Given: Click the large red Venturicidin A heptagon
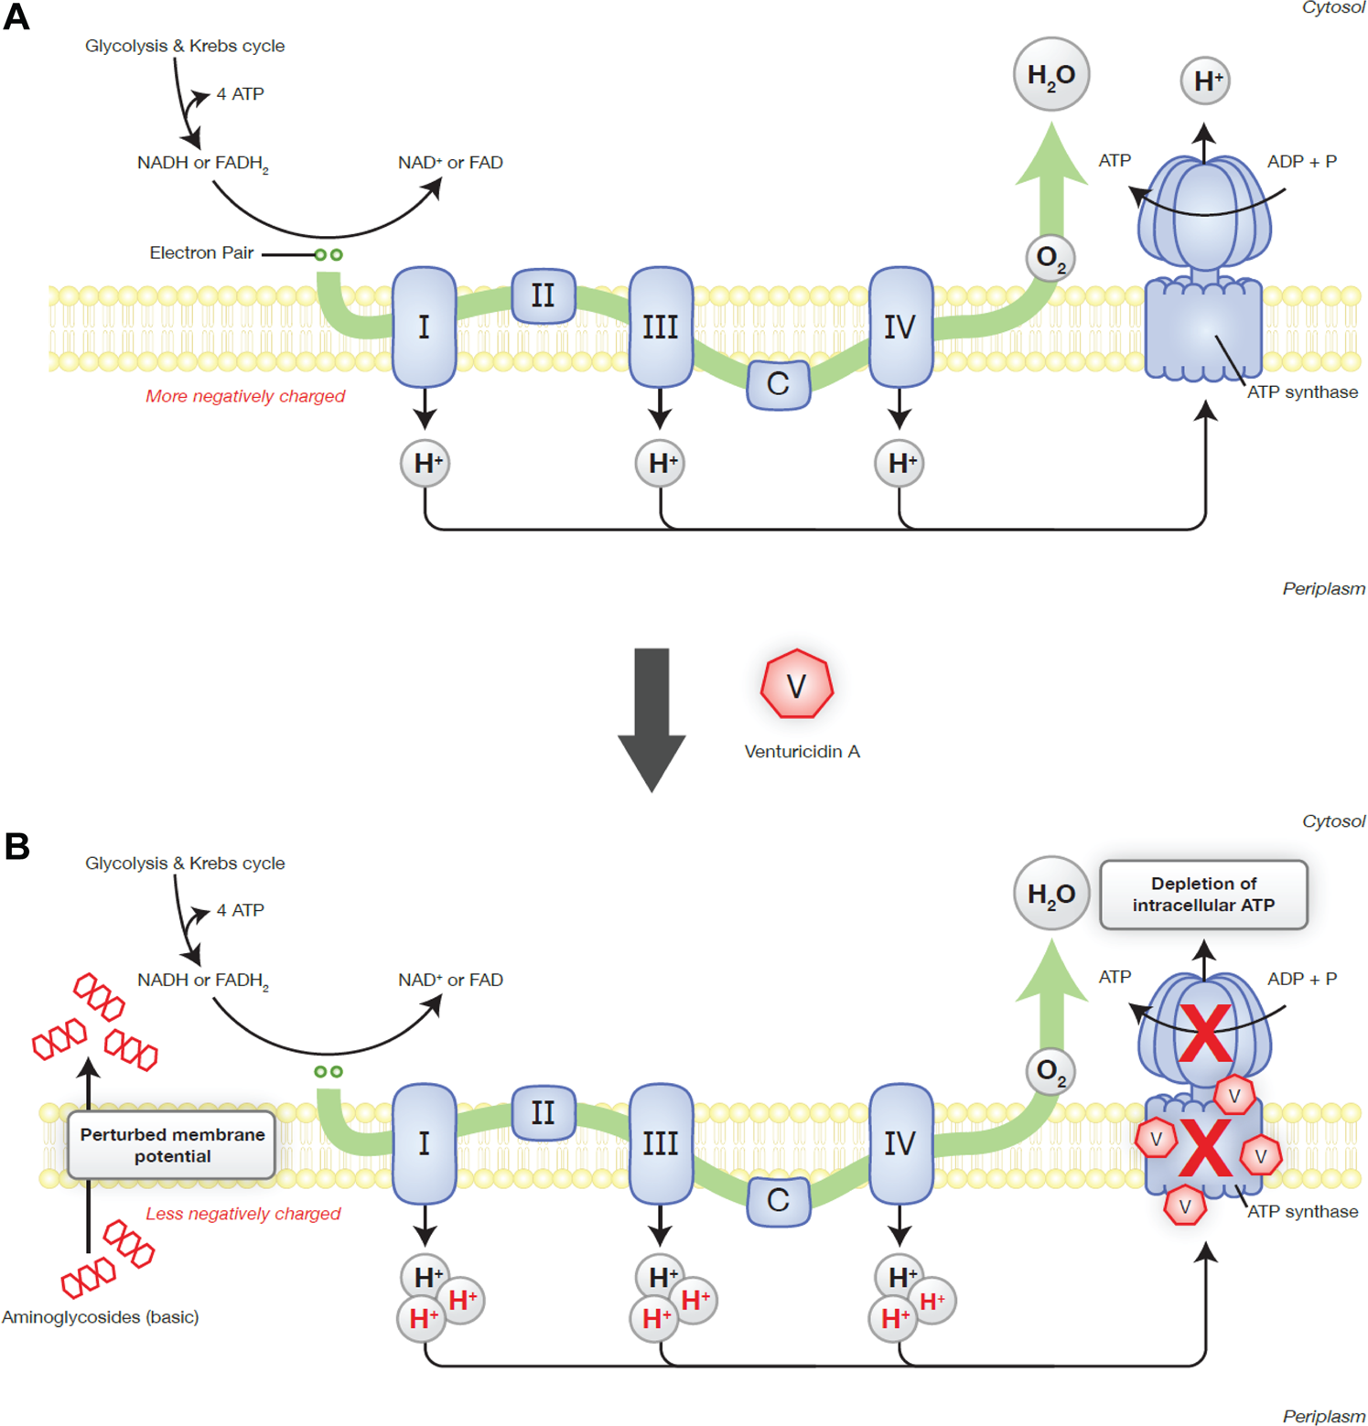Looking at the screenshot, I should [x=796, y=684].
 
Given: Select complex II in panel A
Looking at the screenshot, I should [x=543, y=295].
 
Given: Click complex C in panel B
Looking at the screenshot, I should [x=778, y=1200].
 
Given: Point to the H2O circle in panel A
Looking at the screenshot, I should [x=1050, y=75].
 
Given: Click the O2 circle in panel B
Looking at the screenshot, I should [x=1050, y=1071].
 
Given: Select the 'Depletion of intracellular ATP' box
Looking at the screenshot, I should [x=1202, y=895].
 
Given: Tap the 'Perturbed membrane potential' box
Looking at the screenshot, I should [x=172, y=1145].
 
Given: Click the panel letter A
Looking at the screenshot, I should [x=16, y=17].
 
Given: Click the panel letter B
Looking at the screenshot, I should [x=16, y=846].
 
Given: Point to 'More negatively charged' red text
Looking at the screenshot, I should [x=245, y=396].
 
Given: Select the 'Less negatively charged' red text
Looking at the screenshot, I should [x=242, y=1214].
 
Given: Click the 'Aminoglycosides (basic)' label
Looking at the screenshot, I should [x=101, y=1317].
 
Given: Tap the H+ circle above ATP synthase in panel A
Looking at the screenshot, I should [x=1204, y=81].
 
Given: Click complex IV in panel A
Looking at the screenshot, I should [x=899, y=327].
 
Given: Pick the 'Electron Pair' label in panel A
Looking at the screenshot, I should [x=201, y=253].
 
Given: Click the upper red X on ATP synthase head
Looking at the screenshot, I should [x=1205, y=1033].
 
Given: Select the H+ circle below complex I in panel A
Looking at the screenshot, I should [x=425, y=464].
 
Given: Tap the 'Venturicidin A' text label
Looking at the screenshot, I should [x=802, y=752].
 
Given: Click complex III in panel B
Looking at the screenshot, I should [x=660, y=1143].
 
